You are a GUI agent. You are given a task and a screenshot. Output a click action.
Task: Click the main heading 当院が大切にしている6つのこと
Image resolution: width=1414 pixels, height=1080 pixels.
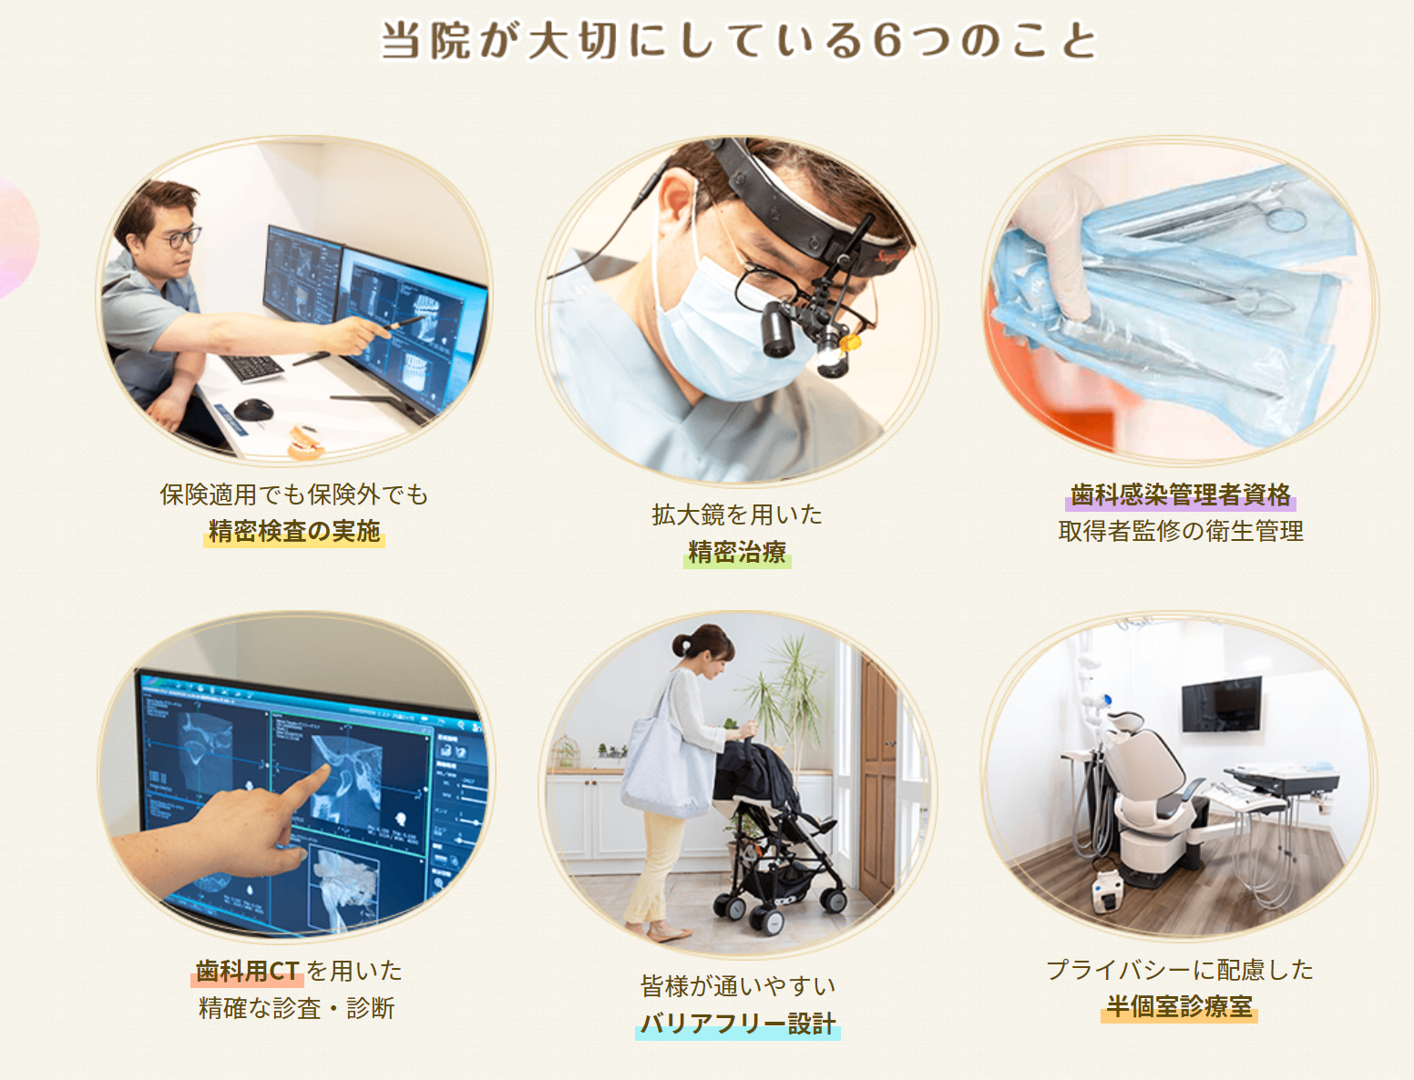739,40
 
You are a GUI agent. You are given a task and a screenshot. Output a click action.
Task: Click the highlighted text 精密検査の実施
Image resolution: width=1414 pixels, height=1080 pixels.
294,532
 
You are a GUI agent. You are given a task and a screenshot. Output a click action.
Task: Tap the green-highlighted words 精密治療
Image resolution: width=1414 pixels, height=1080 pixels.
737,552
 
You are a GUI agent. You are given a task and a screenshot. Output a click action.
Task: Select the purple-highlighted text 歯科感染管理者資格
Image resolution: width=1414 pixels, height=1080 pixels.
1180,495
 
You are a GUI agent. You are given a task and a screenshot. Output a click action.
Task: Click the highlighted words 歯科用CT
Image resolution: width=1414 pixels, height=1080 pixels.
247,972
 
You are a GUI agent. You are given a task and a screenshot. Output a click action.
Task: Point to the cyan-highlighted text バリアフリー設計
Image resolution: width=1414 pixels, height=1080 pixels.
738,1024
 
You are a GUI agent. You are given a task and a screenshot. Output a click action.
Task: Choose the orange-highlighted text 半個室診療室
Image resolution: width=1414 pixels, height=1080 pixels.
1180,1006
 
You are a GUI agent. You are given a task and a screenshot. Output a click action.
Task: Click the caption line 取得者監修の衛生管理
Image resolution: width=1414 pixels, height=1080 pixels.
1180,532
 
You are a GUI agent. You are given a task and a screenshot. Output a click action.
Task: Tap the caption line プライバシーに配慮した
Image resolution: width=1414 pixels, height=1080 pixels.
1180,970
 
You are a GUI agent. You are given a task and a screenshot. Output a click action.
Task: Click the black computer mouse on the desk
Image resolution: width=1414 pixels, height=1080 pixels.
253,410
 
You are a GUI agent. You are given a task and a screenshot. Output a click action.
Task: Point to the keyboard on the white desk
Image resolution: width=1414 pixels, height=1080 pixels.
251,368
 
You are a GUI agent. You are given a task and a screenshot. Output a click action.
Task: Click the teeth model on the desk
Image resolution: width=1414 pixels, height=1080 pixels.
305,443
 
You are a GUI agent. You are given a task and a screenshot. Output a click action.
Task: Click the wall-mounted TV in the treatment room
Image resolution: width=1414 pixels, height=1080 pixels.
1222,704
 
